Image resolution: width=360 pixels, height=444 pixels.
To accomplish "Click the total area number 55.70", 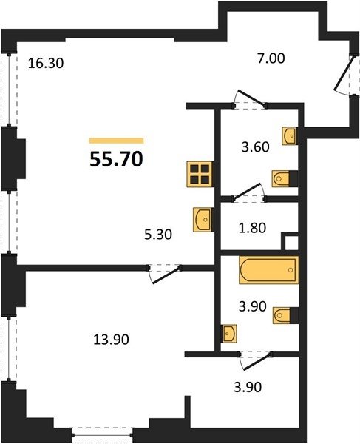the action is [116, 159].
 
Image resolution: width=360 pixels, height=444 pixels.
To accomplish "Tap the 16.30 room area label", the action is [46, 64].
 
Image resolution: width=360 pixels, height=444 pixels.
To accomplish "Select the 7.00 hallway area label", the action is [271, 58].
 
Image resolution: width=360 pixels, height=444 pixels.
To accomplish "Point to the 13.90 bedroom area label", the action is [111, 340].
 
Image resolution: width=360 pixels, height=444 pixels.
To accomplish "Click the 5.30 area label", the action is [158, 235].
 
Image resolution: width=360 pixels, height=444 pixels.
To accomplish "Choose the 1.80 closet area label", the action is [252, 228].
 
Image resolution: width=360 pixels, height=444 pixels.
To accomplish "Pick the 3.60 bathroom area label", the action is [255, 147].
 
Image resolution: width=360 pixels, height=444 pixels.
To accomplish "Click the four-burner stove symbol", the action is [200, 175].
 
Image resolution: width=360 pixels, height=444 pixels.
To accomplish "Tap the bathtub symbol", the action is [268, 270].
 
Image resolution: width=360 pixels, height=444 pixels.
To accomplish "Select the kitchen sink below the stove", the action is [203, 220].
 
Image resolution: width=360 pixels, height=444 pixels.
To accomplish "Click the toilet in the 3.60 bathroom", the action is [285, 178].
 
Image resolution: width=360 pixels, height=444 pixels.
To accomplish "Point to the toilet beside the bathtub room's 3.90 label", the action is [285, 315].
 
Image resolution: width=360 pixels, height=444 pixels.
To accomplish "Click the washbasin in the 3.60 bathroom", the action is [289, 136].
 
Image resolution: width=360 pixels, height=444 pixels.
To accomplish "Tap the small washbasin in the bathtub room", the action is [228, 334].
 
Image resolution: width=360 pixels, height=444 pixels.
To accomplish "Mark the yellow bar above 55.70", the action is [117, 141].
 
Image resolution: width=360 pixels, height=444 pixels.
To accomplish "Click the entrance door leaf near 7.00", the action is [344, 73].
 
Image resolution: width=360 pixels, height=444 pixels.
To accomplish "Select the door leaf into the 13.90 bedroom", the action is [167, 275].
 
